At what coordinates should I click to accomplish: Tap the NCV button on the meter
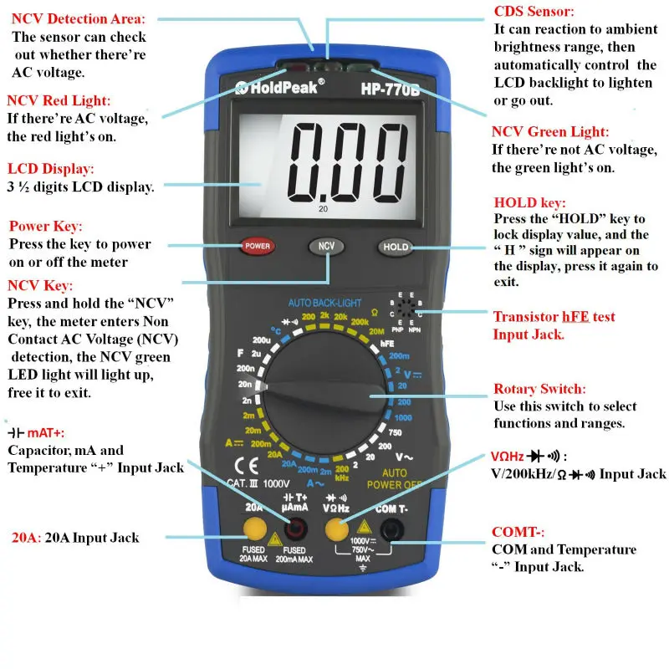[327, 246]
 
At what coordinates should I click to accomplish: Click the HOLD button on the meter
[396, 247]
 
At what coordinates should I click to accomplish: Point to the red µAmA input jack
[296, 529]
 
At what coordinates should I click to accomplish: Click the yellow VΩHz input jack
[337, 529]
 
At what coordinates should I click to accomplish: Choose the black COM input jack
[389, 529]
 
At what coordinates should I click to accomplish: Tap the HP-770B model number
[391, 87]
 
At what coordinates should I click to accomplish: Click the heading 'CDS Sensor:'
[534, 12]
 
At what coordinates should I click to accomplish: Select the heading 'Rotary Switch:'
[539, 390]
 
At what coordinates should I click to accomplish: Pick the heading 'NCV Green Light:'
[550, 132]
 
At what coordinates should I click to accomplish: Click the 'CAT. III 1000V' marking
[259, 483]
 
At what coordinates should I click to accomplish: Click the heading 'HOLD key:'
[530, 202]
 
